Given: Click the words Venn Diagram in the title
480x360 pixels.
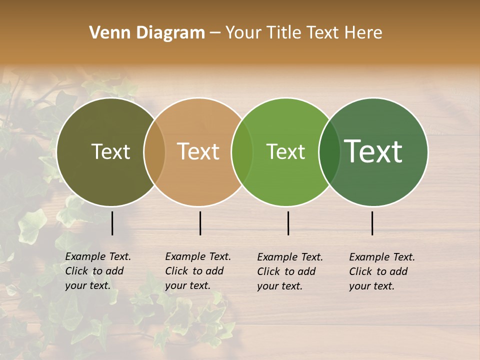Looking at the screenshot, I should [x=147, y=33].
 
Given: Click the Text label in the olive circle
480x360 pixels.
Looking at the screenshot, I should [x=110, y=151].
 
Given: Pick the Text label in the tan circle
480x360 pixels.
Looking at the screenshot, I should [x=198, y=151].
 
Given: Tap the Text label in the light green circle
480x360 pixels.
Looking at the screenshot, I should [x=285, y=151].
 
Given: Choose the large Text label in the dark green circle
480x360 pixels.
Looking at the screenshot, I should [x=373, y=151].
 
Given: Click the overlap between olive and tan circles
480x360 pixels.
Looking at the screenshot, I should [x=154, y=152].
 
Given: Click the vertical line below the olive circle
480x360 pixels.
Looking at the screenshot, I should [x=112, y=223].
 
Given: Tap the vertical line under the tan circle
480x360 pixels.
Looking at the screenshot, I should [x=200, y=223].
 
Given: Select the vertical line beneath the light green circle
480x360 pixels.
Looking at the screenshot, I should [x=288, y=223].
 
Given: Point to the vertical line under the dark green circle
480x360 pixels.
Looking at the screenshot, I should [x=372, y=223].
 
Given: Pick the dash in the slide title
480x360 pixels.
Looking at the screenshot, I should [x=215, y=33].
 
